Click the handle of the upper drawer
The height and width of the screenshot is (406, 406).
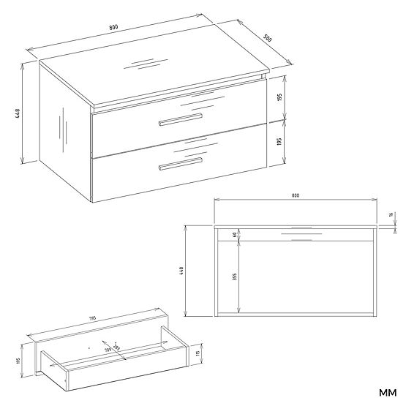click(x=181, y=118)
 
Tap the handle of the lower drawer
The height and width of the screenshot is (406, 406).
click(x=181, y=165)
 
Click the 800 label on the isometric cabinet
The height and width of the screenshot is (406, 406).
click(x=114, y=28)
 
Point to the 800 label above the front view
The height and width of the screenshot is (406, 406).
click(x=295, y=196)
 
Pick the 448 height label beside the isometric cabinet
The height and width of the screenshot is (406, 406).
click(x=16, y=113)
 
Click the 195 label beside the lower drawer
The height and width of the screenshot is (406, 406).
click(x=279, y=141)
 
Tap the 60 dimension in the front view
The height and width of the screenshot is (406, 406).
click(x=235, y=234)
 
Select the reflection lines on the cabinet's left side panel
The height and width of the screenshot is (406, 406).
click(x=61, y=127)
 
